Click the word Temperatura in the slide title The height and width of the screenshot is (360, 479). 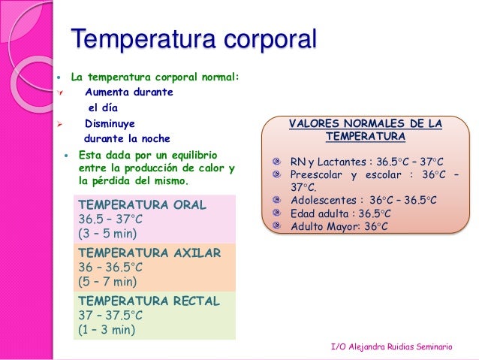tap(139, 39)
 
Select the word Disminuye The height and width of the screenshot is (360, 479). tap(110, 123)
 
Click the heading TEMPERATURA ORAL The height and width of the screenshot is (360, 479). tap(142, 204)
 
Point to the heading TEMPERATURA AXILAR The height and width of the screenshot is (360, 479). tap(149, 253)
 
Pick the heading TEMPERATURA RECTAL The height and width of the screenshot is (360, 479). tap(149, 301)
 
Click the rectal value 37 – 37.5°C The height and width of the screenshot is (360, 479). tap(110, 316)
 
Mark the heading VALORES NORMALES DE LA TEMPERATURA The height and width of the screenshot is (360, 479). tap(366, 130)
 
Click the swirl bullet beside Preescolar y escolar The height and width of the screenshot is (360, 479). tap(278, 174)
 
